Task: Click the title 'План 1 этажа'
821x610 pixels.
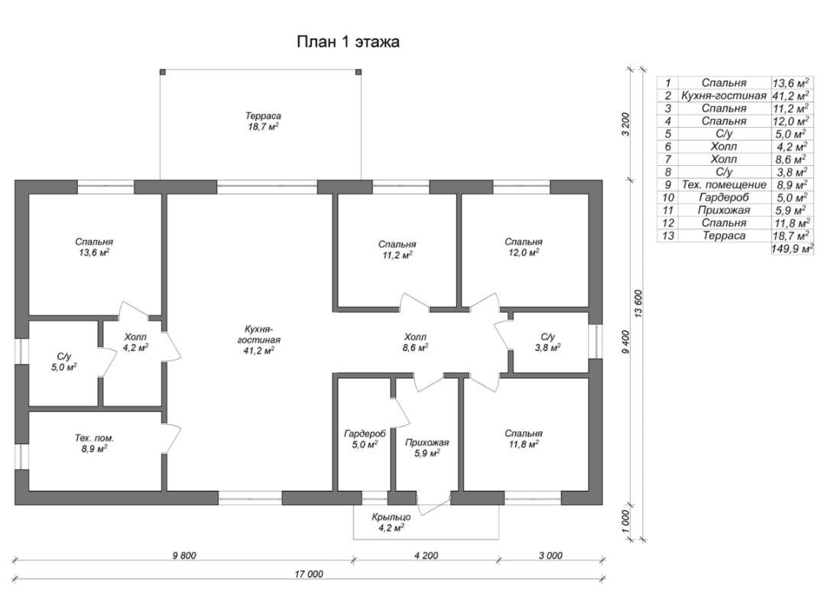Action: (x=348, y=42)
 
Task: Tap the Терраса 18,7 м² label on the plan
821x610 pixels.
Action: (x=264, y=121)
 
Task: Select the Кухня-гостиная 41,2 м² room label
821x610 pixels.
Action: (x=259, y=340)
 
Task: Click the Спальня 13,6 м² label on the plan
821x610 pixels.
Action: (x=94, y=247)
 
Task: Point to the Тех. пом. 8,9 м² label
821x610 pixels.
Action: (x=94, y=443)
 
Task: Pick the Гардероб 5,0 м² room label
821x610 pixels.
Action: (x=365, y=439)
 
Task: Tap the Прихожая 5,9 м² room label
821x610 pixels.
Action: (x=427, y=448)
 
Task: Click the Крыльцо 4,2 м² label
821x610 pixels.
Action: (x=391, y=523)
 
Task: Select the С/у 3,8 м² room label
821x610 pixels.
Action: (x=548, y=342)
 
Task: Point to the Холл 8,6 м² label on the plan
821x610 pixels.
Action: (x=414, y=342)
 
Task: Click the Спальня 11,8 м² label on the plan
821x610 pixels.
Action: (x=524, y=439)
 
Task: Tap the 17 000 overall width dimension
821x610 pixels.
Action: (x=309, y=574)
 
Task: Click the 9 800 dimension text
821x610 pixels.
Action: (x=184, y=556)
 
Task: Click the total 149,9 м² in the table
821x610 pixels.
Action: (x=792, y=248)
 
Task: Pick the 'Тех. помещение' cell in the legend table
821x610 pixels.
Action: (x=724, y=185)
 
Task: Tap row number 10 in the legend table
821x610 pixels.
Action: (x=668, y=197)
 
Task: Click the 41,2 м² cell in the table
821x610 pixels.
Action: (x=790, y=96)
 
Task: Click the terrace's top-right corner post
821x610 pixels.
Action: (x=359, y=72)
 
